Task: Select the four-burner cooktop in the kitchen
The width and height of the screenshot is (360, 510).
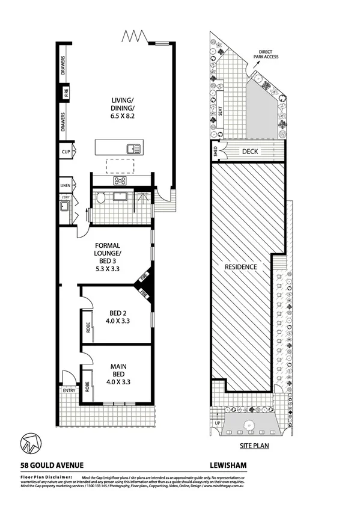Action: click(x=120, y=180)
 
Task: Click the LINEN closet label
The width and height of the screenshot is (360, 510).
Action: click(x=66, y=185)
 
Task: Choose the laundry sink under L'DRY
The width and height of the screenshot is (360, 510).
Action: click(x=63, y=207)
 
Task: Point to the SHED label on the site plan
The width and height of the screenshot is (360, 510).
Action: click(x=215, y=152)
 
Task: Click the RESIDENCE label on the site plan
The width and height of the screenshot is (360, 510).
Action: click(x=241, y=266)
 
